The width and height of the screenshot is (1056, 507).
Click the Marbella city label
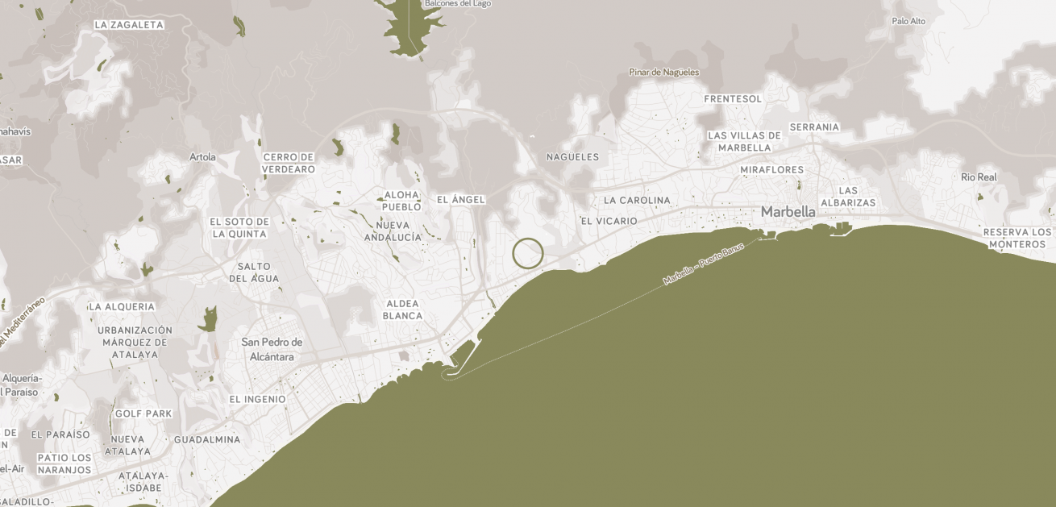pos(788,211)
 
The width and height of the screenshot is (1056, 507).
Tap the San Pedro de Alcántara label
pos(272,349)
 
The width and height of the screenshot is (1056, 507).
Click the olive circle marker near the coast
pos(528,253)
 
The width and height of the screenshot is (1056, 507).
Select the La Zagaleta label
pos(129,25)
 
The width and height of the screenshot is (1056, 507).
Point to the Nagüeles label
pos(572,156)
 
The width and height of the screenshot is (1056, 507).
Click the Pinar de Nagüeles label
pos(663,73)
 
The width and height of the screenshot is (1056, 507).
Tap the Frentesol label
pos(732,99)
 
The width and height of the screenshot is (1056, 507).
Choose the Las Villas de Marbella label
pos(744,141)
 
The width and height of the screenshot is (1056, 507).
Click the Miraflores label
pos(771,170)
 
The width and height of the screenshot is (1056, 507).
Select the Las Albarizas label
pos(848,197)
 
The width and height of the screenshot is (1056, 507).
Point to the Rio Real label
pos(979,177)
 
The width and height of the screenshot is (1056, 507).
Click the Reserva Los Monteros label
pos(1017,238)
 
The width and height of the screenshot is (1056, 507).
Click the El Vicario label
pos(609,221)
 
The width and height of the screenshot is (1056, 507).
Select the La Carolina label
pos(637,200)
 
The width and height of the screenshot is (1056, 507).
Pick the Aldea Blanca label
pos(402,309)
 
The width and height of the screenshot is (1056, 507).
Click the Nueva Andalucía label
pos(393,231)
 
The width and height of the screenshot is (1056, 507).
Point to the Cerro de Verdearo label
pos(288,163)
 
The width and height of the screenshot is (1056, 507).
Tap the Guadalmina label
pos(207,440)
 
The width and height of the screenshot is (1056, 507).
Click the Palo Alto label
pos(908,21)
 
